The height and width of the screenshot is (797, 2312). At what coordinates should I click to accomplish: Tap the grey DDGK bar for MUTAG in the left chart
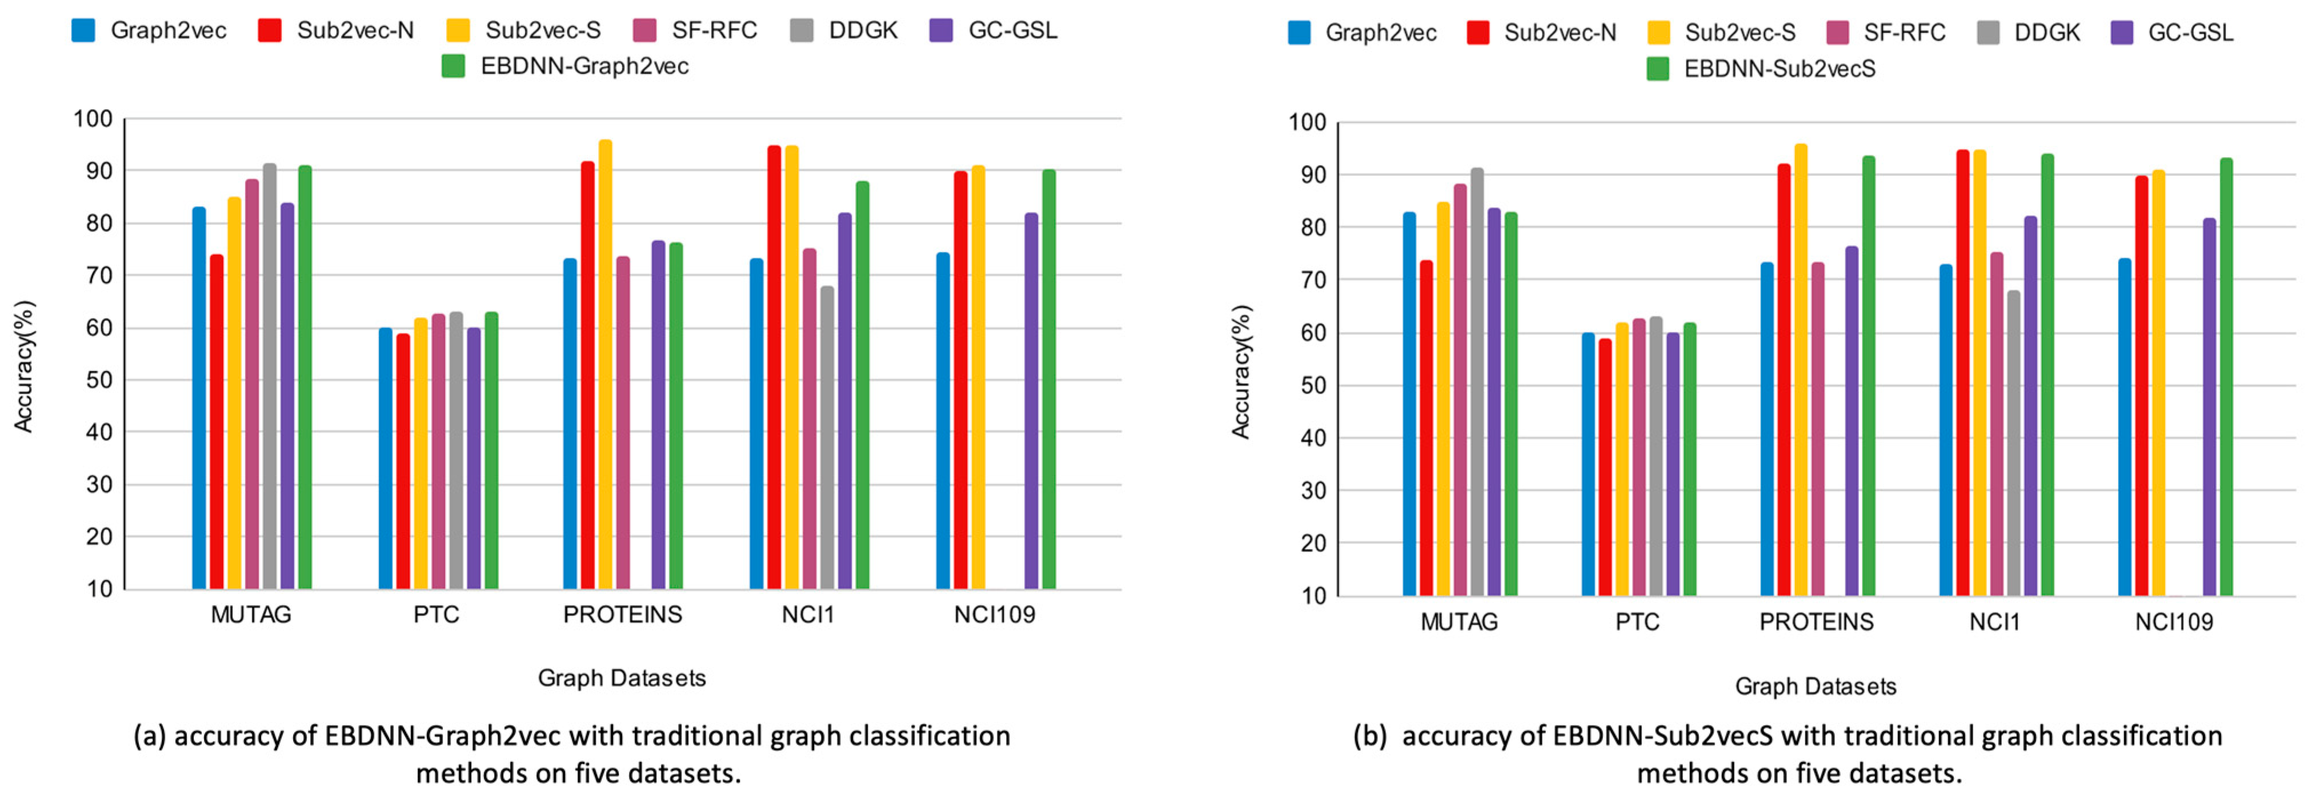pos(269,377)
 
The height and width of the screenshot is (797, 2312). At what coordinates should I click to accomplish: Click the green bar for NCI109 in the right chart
pos(2226,377)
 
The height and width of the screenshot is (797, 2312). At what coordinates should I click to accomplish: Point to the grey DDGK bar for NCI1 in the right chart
pos(2013,444)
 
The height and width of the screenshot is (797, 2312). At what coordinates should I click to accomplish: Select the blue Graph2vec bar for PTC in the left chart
pos(385,458)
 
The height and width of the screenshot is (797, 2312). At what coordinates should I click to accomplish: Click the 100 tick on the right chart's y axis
pos(1307,122)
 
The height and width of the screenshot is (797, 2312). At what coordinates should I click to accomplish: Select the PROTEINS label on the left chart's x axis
pos(622,615)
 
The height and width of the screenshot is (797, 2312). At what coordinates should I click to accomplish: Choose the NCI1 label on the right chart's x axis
pos(1994,622)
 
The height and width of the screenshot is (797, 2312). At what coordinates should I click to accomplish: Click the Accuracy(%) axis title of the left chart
pos(23,366)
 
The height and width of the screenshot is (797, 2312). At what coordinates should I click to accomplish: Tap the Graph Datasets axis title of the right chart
pos(1815,687)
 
